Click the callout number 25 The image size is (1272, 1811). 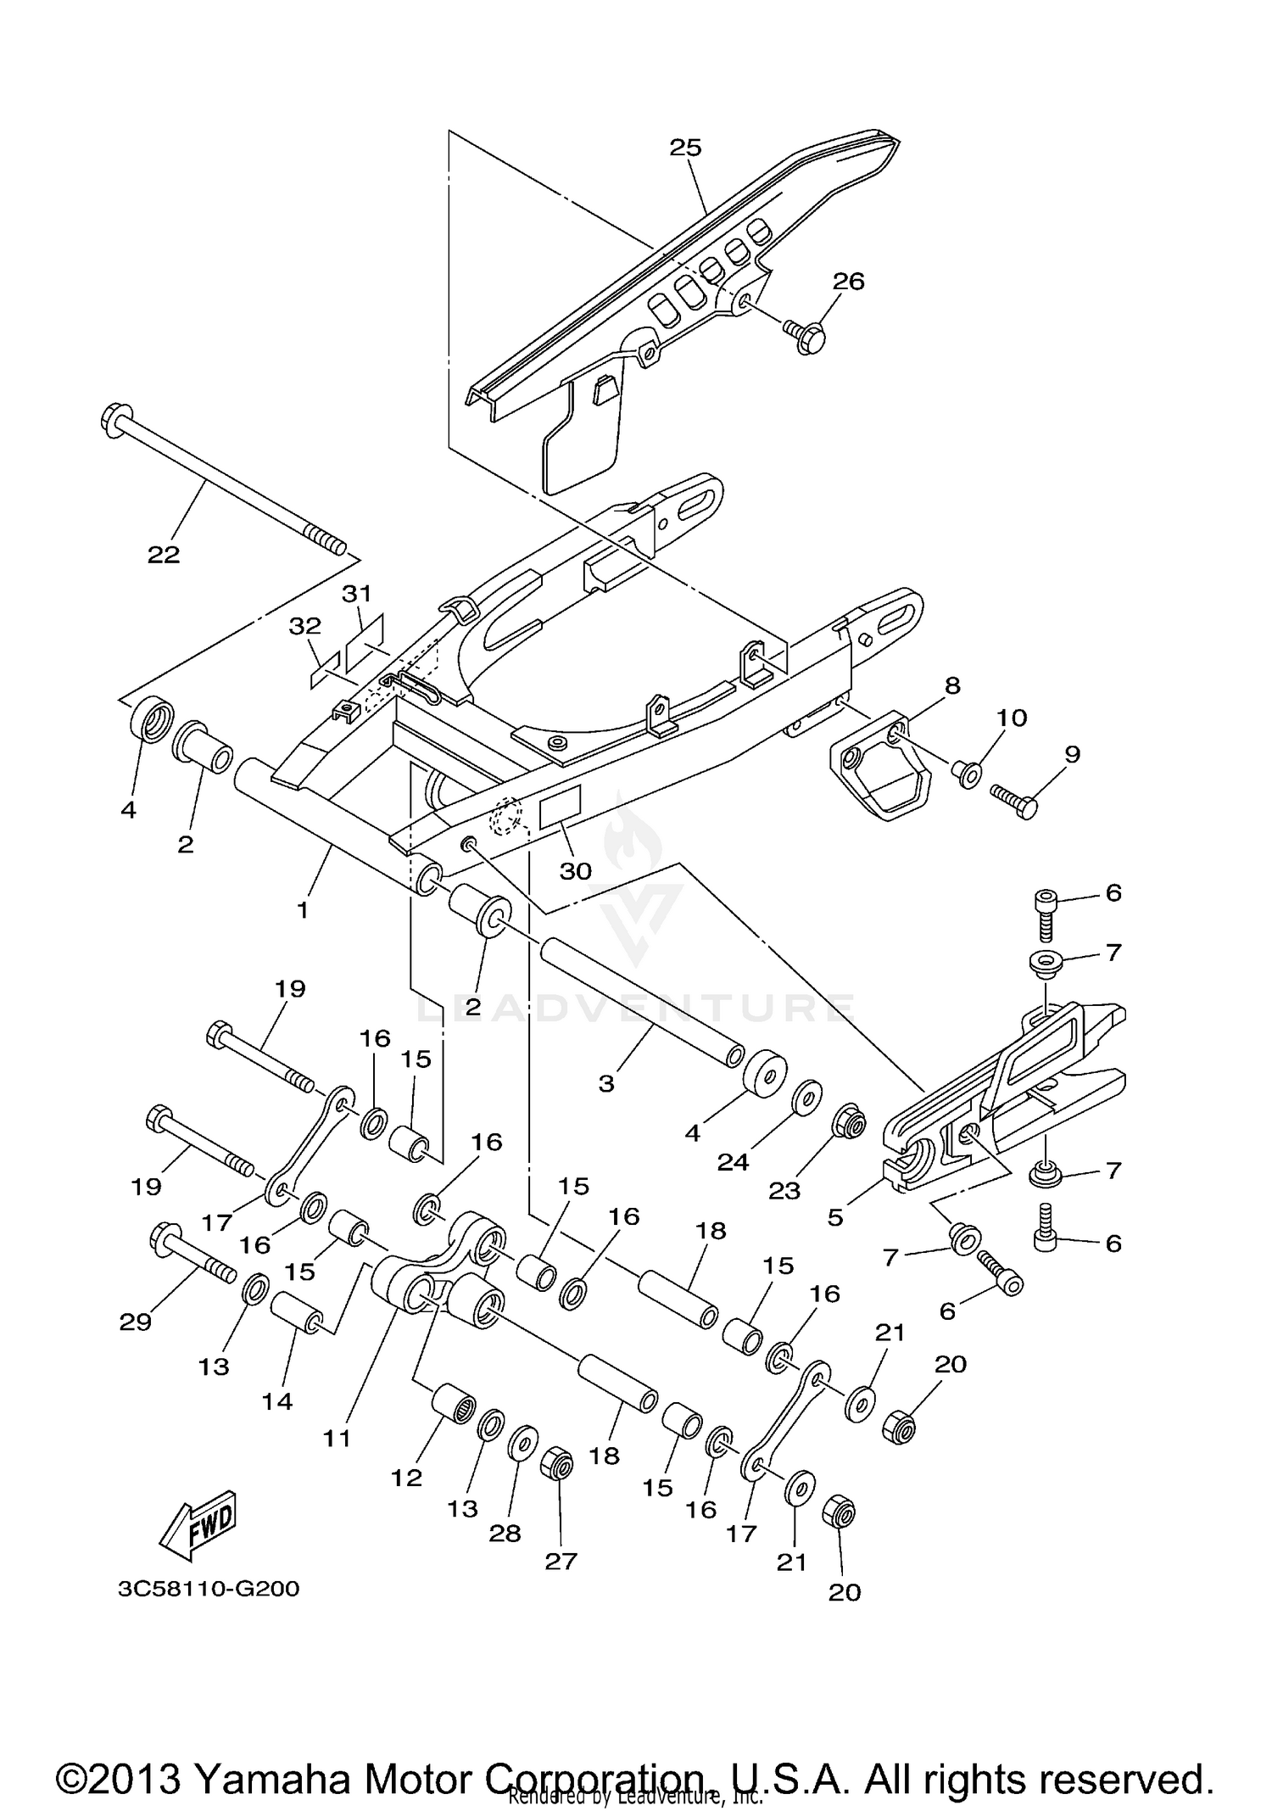click(x=685, y=148)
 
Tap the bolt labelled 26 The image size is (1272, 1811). click(x=805, y=336)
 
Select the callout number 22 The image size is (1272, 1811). click(x=164, y=555)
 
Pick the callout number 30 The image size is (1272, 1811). click(x=575, y=871)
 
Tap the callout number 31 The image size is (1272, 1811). click(x=357, y=593)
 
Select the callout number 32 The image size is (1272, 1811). click(x=305, y=626)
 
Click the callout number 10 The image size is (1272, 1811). click(x=1012, y=718)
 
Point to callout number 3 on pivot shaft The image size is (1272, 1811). click(x=605, y=1083)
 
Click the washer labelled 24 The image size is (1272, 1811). click(x=806, y=1096)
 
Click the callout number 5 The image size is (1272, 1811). click(x=835, y=1217)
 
